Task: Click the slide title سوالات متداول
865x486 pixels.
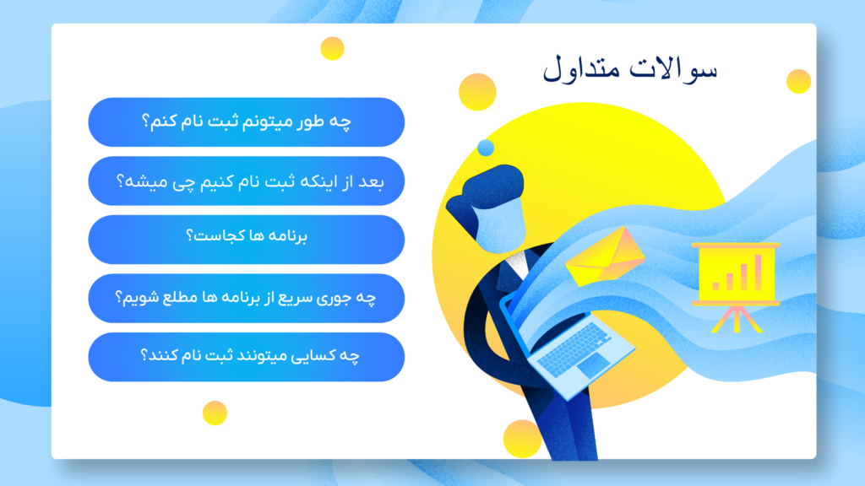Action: pos(630,69)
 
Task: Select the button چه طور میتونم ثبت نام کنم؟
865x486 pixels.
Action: pos(247,121)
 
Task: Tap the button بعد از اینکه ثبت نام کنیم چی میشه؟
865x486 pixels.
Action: pos(247,181)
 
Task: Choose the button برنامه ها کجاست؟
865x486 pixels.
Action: pos(247,239)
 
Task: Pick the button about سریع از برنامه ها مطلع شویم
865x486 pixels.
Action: pos(247,298)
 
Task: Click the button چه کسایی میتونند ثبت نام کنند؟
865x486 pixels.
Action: pos(247,357)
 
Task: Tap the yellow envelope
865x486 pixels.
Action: pos(605,258)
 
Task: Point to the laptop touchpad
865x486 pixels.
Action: pos(594,364)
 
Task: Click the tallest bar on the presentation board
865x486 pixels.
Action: pos(758,273)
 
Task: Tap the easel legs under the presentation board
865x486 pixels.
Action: pos(737,320)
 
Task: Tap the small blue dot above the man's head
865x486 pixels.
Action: pos(486,148)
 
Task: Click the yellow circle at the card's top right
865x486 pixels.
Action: pos(798,82)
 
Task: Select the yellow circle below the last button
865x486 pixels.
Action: pos(215,413)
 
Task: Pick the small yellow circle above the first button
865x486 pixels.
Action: pos(332,48)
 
